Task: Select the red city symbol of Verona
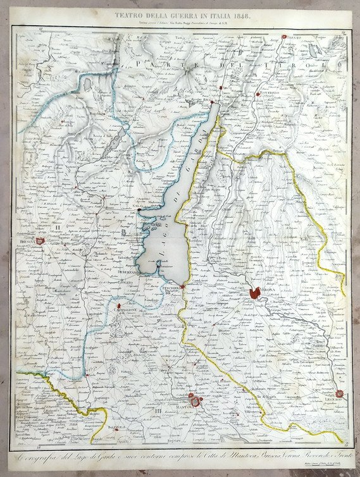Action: point(255,293)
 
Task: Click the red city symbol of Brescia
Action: point(40,241)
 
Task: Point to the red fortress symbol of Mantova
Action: point(194,400)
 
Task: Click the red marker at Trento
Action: point(283,38)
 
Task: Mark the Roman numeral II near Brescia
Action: point(57,226)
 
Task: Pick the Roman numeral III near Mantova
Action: point(158,412)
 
